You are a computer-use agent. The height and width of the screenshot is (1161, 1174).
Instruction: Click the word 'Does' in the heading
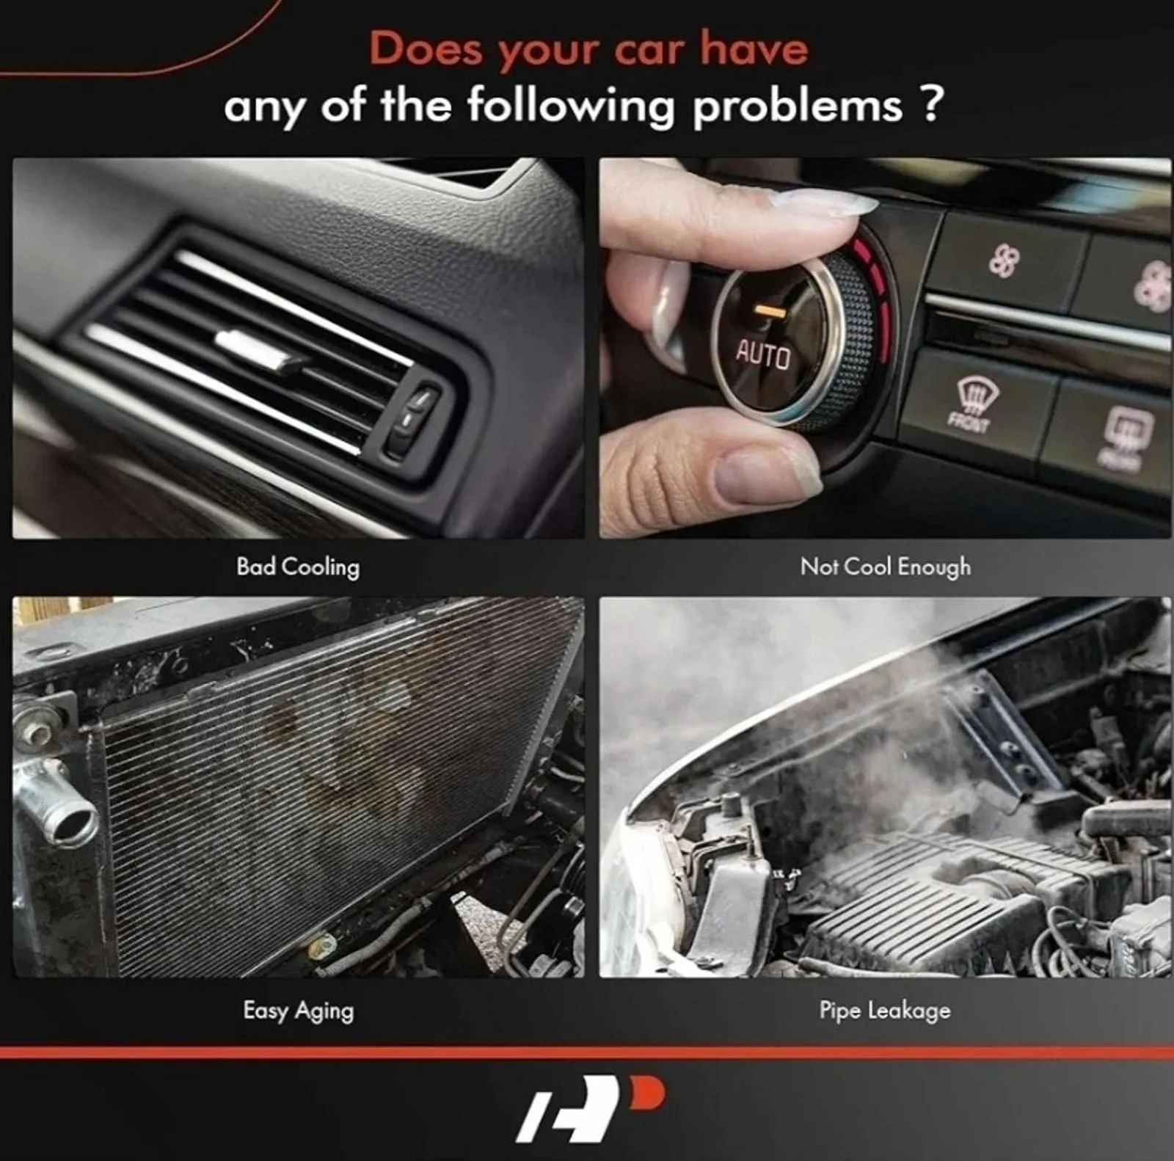[426, 49]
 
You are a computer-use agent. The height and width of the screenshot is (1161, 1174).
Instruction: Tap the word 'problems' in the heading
[798, 106]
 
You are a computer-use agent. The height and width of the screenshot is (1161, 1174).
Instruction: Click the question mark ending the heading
[929, 103]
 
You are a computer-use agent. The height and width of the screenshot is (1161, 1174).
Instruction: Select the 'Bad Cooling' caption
[298, 567]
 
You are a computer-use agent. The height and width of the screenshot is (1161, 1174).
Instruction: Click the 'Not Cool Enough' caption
[886, 567]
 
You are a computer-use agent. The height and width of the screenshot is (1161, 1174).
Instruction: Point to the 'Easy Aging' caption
[299, 1011]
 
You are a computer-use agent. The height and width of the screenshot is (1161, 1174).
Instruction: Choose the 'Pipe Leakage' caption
[885, 1011]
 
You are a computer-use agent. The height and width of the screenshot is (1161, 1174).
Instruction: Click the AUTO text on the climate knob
[763, 356]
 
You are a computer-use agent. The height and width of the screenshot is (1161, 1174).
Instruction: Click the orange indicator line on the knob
[770, 311]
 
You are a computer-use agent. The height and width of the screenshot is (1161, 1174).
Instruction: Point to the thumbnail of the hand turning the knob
[885, 348]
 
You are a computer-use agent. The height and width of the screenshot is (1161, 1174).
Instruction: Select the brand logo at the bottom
[591, 1109]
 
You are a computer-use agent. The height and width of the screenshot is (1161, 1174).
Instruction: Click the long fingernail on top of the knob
[821, 200]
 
